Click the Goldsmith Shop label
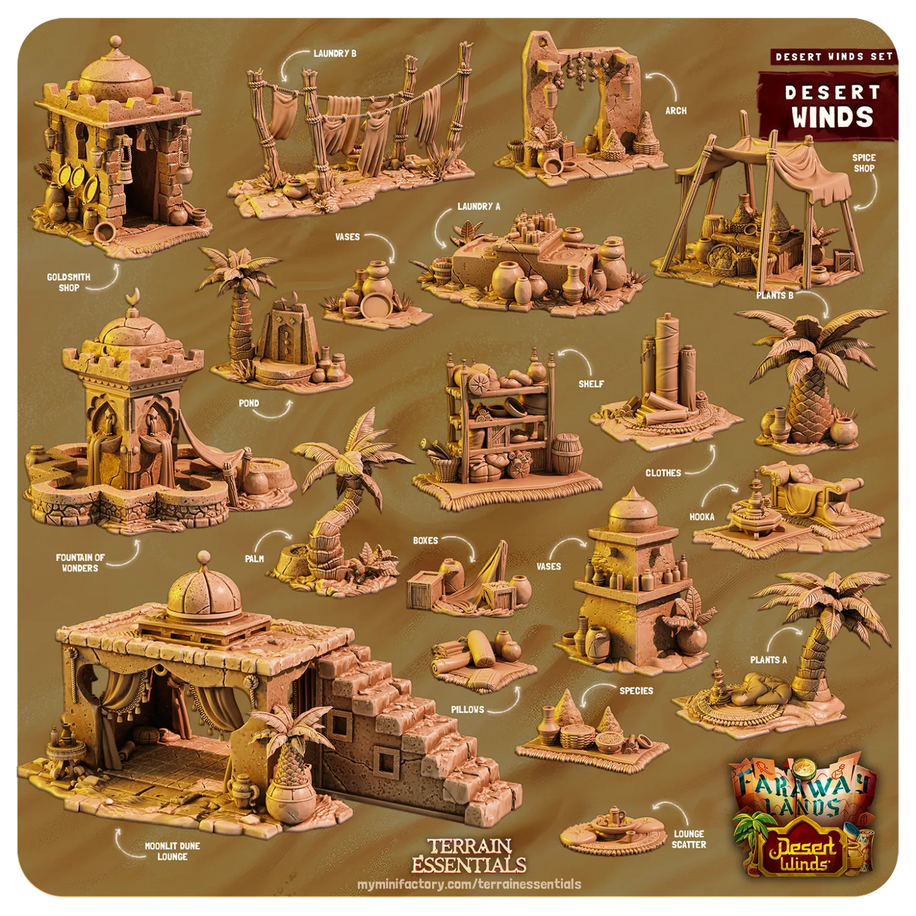click(x=68, y=282)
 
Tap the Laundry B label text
click(x=335, y=54)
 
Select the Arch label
click(x=676, y=110)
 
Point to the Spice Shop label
click(x=864, y=163)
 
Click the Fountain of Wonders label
click(x=80, y=563)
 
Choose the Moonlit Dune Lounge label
click(x=172, y=851)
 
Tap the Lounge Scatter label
click(x=688, y=839)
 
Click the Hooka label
click(x=702, y=517)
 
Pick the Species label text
click(x=636, y=690)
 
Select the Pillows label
click(x=468, y=709)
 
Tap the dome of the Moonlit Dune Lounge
click(x=204, y=593)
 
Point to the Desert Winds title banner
click(x=831, y=105)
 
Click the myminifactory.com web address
click(x=469, y=884)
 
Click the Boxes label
click(x=425, y=541)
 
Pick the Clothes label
click(x=663, y=473)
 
